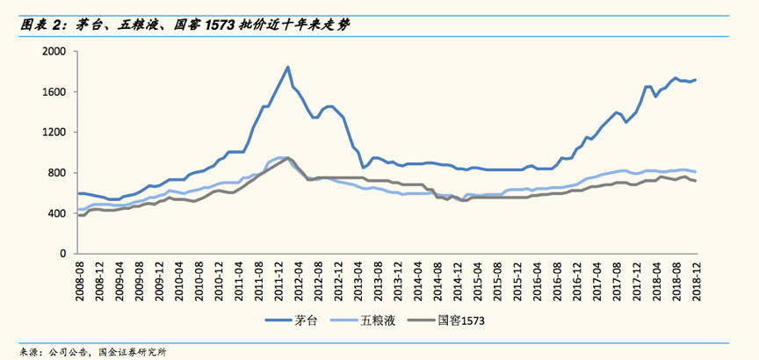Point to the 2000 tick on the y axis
click(54, 52)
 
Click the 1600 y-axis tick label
click(54, 92)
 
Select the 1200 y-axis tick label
click(54, 133)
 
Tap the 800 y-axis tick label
click(57, 173)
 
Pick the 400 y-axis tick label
click(57, 213)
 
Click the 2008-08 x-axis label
click(80, 279)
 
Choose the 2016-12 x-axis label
click(576, 279)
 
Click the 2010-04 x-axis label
click(179, 279)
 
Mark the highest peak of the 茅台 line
click(288, 67)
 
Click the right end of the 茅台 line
click(696, 80)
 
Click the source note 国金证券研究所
click(135, 350)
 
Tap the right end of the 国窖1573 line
click(696, 181)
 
